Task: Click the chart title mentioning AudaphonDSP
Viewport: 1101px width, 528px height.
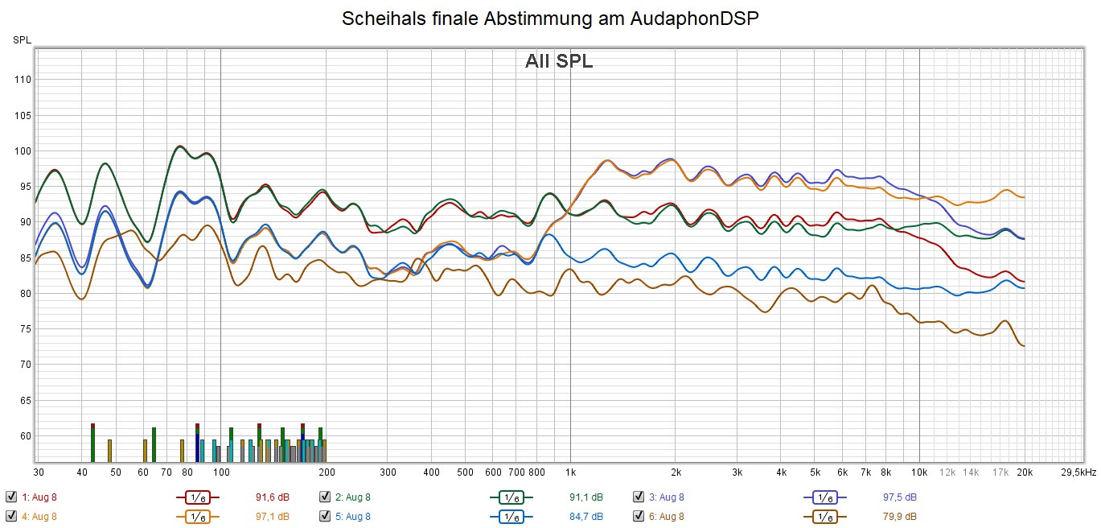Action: [x=550, y=19]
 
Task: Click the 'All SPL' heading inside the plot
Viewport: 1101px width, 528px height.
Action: [x=559, y=61]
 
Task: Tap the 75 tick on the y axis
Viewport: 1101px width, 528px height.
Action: [x=24, y=329]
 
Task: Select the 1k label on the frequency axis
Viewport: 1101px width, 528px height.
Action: [x=570, y=472]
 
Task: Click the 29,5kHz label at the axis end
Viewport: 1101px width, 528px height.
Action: [x=1078, y=472]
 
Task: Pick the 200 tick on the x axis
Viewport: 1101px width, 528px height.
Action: [x=327, y=472]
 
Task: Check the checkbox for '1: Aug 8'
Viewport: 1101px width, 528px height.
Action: [x=10, y=497]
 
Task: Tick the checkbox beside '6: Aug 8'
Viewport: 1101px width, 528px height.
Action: [x=639, y=516]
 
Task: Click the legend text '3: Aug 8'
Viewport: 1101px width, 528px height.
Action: [x=667, y=497]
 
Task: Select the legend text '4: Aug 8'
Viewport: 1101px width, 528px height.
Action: [x=39, y=516]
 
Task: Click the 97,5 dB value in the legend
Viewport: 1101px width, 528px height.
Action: [x=899, y=497]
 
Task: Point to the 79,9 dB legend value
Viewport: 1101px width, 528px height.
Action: [x=899, y=516]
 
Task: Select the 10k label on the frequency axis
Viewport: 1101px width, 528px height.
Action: [x=919, y=472]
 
